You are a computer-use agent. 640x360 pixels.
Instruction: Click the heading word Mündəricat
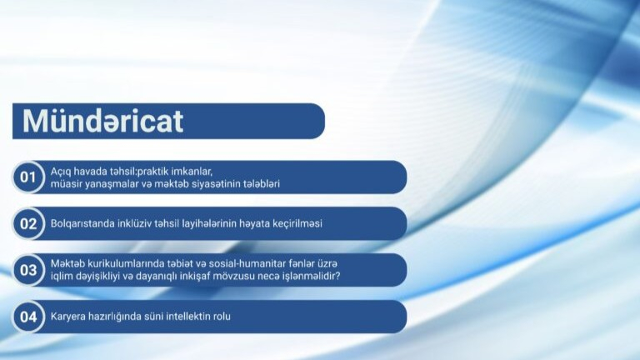coord(102,121)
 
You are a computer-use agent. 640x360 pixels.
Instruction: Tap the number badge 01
coord(28,177)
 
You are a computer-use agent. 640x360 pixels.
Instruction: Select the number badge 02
coord(28,223)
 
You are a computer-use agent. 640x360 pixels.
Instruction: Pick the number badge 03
coord(28,270)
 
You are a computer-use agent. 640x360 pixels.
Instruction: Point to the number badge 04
coord(28,317)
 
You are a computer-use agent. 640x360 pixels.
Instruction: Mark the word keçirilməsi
coord(296,223)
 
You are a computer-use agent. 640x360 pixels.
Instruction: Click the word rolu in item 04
coord(222,317)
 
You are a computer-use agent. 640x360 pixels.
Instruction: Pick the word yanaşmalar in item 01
coord(108,183)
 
